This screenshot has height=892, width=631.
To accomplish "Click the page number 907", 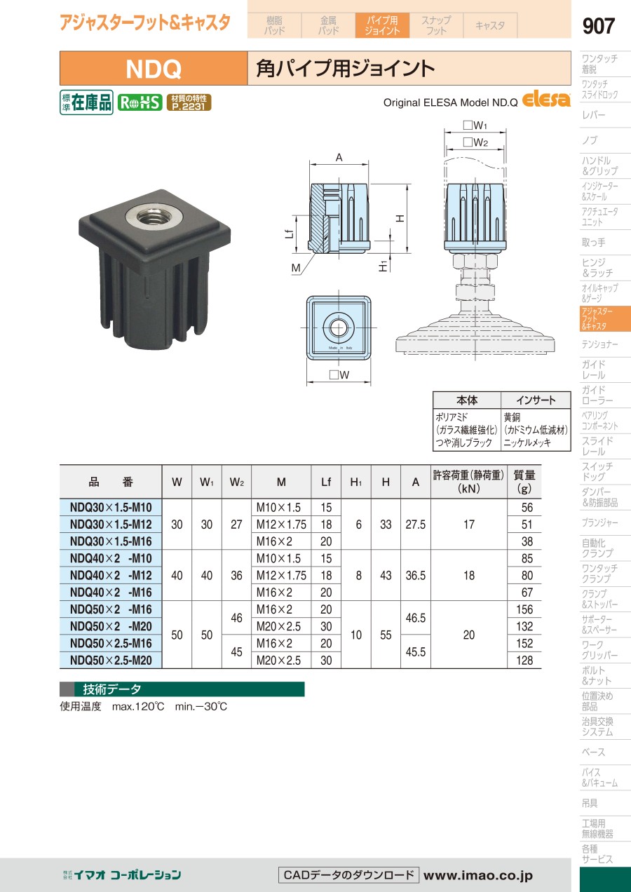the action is click(598, 26).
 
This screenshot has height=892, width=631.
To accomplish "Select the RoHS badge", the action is click(140, 102).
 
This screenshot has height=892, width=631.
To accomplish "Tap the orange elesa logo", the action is click(546, 99).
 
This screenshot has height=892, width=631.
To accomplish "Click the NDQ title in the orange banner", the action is click(154, 69).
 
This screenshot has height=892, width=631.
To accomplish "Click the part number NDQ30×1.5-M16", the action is click(111, 541).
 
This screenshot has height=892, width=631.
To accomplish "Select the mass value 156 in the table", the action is click(524, 609).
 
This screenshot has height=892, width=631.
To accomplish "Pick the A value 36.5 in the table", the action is click(415, 576).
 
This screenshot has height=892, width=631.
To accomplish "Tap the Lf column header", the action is click(325, 482).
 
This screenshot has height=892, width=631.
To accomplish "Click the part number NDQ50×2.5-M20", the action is click(111, 661).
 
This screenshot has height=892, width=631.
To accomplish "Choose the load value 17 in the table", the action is click(468, 525).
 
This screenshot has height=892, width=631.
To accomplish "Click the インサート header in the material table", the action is click(536, 400).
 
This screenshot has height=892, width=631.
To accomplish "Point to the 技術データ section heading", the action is click(112, 689).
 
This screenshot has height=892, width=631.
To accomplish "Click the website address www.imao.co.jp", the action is click(477, 875).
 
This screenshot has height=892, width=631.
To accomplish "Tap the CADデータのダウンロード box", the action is click(348, 875).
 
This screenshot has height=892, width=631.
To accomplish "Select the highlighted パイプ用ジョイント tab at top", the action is click(382, 25).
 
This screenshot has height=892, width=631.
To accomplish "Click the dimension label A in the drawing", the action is click(339, 158).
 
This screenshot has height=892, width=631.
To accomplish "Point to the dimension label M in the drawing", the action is click(296, 268).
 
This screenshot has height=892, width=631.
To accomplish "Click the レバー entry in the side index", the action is click(593, 115).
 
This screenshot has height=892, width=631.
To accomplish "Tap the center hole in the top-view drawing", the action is click(339, 327).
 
